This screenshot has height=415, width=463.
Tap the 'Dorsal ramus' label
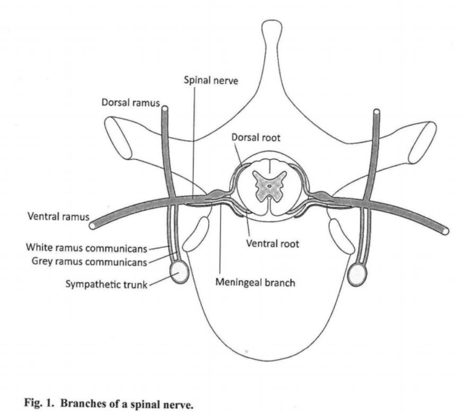(x=130, y=102)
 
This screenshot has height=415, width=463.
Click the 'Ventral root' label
(x=273, y=244)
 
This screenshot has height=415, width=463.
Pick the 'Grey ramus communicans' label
(x=88, y=260)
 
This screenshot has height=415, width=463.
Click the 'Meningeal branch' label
(x=255, y=282)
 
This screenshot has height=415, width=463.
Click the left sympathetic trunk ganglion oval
(x=179, y=273)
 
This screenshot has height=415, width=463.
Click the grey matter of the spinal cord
(x=269, y=186)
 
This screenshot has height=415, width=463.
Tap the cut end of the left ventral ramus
(x=93, y=225)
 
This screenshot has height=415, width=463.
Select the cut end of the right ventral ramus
(x=445, y=231)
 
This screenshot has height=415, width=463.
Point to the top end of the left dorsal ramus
(x=164, y=110)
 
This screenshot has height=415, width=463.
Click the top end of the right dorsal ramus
(x=377, y=112)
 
